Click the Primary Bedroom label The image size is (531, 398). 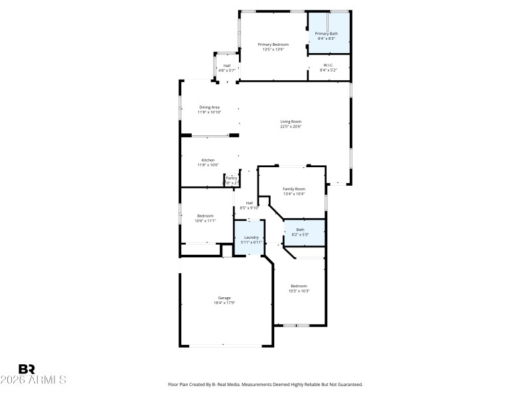(x=273, y=44)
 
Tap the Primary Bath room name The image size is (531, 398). (x=326, y=33)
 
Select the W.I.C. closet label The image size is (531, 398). (x=329, y=64)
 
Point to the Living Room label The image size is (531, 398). (x=291, y=121)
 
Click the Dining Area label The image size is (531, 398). (x=209, y=107)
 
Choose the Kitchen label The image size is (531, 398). (x=208, y=160)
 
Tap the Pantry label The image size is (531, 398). (x=231, y=178)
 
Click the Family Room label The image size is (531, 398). (x=293, y=189)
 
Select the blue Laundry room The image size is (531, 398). (x=250, y=239)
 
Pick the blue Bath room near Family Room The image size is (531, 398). (x=304, y=232)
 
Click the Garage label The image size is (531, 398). (x=224, y=298)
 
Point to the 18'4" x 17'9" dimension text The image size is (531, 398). (x=224, y=303)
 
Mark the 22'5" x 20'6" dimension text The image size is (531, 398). (x=291, y=127)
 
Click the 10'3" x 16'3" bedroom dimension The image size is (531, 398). (x=299, y=291)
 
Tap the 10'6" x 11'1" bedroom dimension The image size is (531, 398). (x=205, y=221)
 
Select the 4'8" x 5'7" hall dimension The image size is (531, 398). (x=227, y=70)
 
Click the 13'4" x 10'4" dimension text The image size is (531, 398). (x=293, y=194)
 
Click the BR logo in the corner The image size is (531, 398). (x=27, y=369)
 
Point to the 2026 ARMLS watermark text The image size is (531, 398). (x=33, y=380)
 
